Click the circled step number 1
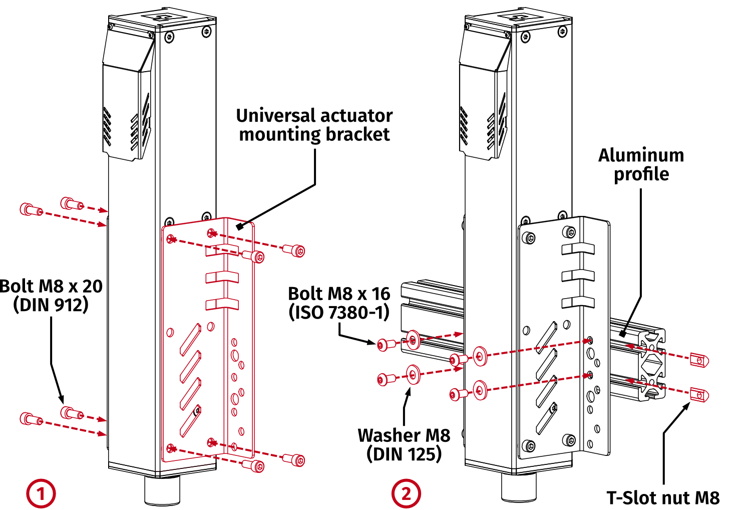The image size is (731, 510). point(41,493)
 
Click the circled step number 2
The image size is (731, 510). point(406,493)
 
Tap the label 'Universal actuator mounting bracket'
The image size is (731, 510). point(314,125)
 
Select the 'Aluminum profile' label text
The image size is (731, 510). point(641,164)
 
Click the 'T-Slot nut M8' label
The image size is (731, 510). point(663,498)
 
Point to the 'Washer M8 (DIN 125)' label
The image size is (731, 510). point(404,444)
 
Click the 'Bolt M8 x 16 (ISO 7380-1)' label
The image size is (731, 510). point(339,303)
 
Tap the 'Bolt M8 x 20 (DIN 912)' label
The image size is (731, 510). point(51,295)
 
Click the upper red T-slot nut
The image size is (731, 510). point(699,359)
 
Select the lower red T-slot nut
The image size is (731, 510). point(699,395)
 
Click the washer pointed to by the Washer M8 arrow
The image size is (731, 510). point(414,374)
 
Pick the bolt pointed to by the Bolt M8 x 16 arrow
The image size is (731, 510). point(383,345)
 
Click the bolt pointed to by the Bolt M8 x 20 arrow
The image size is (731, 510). point(71,413)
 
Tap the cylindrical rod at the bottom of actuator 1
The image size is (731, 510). point(162,490)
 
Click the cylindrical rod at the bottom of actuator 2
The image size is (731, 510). point(519,486)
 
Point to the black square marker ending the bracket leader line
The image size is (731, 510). point(240,226)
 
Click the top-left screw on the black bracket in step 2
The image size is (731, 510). point(530,238)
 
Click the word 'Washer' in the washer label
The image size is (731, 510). point(382,435)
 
